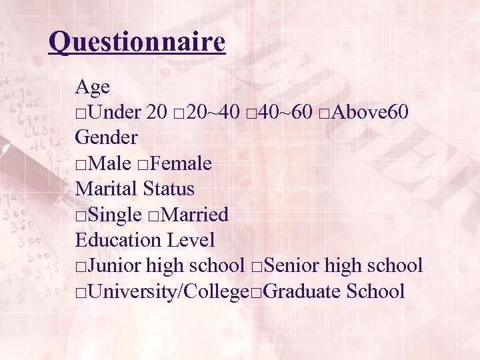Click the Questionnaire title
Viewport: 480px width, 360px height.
click(x=137, y=43)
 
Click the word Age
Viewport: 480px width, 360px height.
click(x=93, y=87)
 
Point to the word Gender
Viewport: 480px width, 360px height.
click(x=107, y=138)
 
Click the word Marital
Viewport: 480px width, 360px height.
click(x=107, y=189)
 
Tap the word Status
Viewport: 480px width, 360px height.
click(x=169, y=189)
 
